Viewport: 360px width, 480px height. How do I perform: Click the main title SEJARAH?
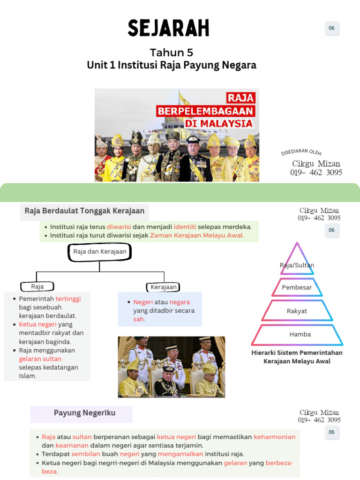coord(169,28)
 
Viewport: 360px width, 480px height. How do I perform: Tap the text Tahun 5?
coord(172,52)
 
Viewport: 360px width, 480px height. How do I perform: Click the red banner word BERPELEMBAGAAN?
coord(205,112)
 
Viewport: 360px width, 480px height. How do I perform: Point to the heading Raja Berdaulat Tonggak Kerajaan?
coord(84,211)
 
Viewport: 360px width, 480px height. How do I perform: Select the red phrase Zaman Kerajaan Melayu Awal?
coord(197,235)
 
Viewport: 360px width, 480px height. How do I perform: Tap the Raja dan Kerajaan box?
coord(100,252)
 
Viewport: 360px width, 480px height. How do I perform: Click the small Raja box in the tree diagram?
coord(37,286)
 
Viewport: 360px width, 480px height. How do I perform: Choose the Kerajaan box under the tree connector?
coord(164,287)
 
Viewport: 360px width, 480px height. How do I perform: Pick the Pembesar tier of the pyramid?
coord(297,287)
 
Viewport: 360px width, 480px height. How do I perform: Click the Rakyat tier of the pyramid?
coord(297,311)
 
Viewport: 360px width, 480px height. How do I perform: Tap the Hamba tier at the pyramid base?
coord(300,334)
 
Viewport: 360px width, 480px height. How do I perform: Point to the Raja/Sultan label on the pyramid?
coord(297,265)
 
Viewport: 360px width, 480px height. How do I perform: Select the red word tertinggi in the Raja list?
coord(68,299)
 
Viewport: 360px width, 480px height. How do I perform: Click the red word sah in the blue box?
coord(139,319)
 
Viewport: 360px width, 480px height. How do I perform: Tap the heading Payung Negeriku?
coord(84,413)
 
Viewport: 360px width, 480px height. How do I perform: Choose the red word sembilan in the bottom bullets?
coord(86,454)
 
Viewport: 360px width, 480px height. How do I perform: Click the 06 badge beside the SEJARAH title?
coord(331,28)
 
